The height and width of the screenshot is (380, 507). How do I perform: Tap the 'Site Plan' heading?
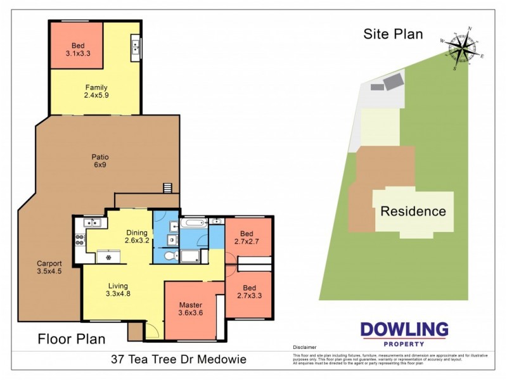(x=392, y=34)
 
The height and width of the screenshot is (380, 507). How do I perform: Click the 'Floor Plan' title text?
(x=71, y=339)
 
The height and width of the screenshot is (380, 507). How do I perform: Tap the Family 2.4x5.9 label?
(x=96, y=92)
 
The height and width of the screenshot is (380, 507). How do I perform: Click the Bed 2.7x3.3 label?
(x=248, y=291)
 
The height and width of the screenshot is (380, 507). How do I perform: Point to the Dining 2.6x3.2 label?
(x=137, y=236)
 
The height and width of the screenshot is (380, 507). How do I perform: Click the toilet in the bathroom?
(x=170, y=256)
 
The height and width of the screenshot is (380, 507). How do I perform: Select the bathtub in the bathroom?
(x=193, y=223)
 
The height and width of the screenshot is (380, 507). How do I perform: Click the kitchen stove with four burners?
(x=80, y=240)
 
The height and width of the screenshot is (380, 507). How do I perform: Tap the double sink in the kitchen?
(x=93, y=222)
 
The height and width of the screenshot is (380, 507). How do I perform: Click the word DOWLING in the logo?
(x=404, y=329)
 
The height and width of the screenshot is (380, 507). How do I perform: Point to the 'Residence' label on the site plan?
(x=413, y=212)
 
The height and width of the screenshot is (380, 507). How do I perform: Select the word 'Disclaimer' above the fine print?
(x=305, y=348)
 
